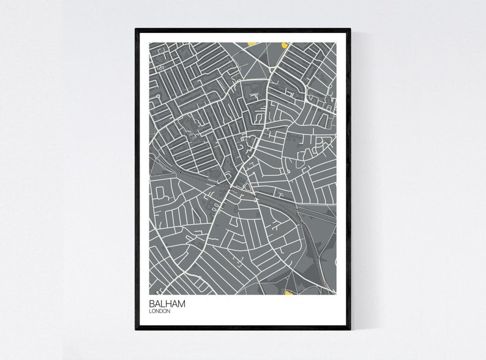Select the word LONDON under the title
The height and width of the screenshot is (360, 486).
point(158,311)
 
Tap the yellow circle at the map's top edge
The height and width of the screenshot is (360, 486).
point(284,44)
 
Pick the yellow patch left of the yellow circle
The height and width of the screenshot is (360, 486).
point(251,43)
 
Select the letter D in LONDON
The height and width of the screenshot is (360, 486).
point(162,311)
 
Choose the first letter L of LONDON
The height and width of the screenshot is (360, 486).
point(150,311)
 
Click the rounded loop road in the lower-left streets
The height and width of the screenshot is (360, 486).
point(160,195)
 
